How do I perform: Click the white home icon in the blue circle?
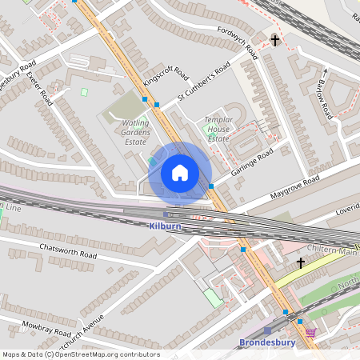[180, 172]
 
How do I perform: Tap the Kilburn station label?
[166, 226]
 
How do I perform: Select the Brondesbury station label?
[268, 343]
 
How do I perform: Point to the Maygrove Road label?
[294, 187]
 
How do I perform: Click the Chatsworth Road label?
[68, 250]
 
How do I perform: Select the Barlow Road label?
[324, 100]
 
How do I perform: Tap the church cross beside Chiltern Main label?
[301, 263]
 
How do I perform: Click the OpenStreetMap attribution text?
[80, 354]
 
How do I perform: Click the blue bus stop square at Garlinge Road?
[211, 186]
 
